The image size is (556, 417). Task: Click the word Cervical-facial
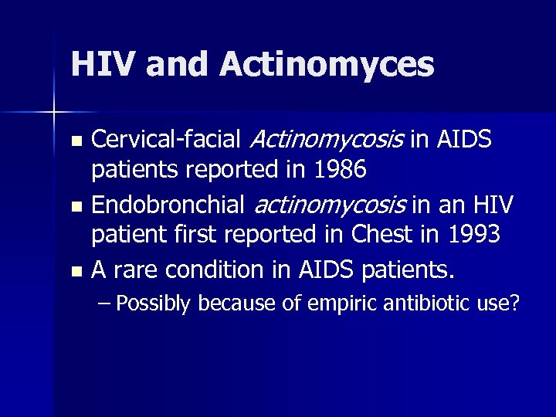(167, 140)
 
